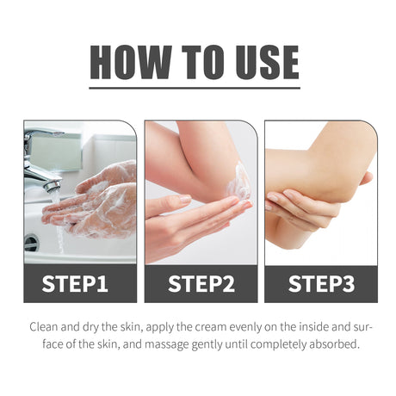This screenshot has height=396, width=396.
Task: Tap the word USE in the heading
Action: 268,62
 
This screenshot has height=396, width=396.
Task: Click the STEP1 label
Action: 75,284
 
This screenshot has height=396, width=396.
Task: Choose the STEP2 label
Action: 201,284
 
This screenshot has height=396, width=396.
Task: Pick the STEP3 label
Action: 321,284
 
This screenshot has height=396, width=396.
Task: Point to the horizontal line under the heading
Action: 195,88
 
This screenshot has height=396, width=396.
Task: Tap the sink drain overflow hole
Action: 31,243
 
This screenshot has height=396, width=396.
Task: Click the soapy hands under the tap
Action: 92,201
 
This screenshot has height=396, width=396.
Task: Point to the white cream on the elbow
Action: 238,182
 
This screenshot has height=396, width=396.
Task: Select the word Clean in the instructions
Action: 44,327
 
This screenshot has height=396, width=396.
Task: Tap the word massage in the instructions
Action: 167,344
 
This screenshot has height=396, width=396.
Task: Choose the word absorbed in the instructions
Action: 334,343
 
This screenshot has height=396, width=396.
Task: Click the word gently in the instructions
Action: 207,344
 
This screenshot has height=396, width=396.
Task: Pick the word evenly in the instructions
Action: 246,327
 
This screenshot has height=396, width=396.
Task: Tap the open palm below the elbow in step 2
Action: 198,221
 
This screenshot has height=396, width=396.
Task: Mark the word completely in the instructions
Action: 280,344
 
